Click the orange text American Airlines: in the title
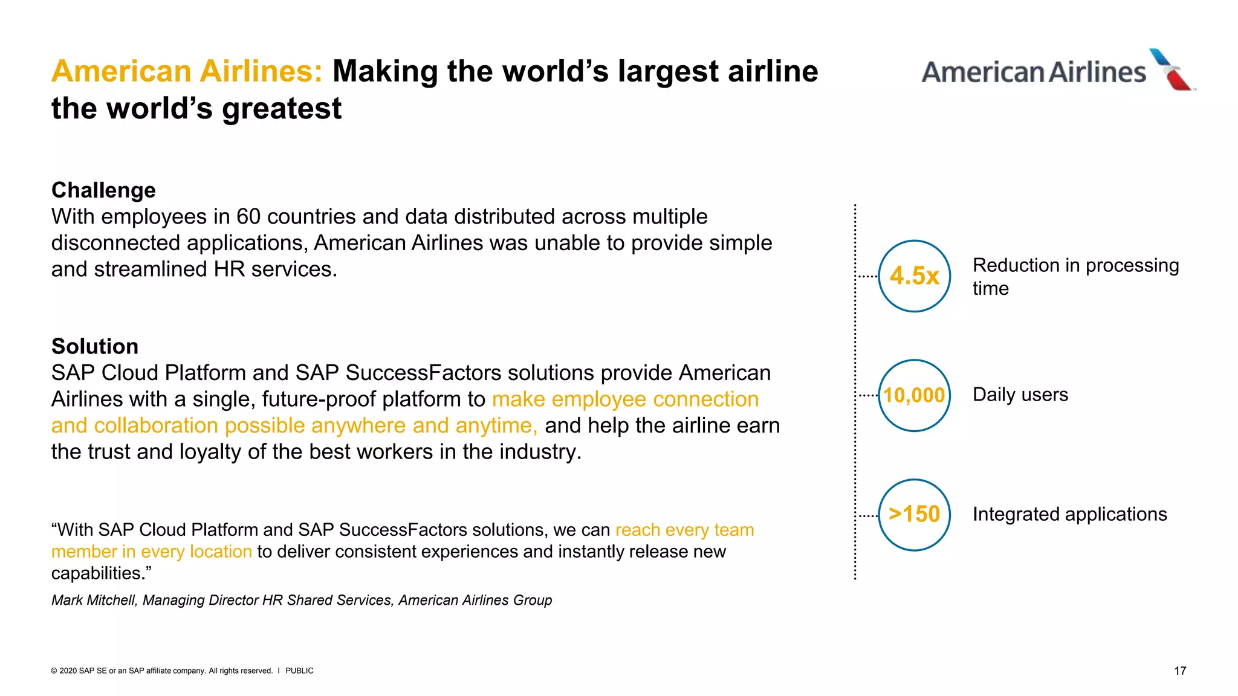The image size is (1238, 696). tap(187, 71)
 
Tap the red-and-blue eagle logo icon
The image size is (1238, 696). tap(1172, 69)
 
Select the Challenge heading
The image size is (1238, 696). tap(103, 190)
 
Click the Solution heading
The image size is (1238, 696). tap(95, 346)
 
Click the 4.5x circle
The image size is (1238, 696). tap(914, 276)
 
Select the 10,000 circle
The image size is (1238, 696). tap(914, 395)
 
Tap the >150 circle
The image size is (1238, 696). tap(914, 515)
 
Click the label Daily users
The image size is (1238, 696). tap(1020, 395)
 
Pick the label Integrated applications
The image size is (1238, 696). tap(1069, 514)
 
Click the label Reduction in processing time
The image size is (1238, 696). tap(1075, 276)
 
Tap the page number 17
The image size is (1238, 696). tap(1179, 671)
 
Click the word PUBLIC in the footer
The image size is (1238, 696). tap(299, 671)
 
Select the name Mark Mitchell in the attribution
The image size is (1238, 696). tap(94, 600)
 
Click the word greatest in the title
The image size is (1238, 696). tap(282, 109)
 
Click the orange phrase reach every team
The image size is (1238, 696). tap(684, 530)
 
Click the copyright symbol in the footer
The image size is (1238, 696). tap(54, 671)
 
